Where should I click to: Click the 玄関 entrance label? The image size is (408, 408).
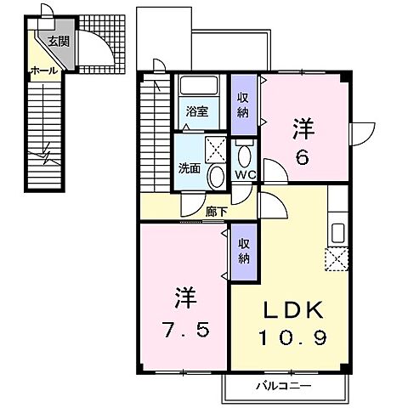[59, 42]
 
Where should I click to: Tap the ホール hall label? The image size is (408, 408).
[43, 71]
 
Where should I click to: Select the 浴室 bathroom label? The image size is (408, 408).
[197, 111]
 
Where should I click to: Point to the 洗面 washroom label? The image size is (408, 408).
[190, 168]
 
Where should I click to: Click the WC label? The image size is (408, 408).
[246, 175]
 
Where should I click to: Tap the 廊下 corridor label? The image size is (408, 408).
[216, 212]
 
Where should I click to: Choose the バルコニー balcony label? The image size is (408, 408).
[284, 386]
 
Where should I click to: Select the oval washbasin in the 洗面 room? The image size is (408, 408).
[217, 177]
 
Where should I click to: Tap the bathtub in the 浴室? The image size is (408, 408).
[199, 85]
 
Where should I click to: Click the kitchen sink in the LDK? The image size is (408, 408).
[337, 233]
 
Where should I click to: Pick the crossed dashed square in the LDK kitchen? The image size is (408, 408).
[337, 259]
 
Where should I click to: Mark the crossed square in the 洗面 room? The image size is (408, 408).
[216, 150]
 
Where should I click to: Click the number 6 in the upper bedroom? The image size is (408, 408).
[303, 157]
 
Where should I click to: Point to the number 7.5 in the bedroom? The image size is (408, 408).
[186, 329]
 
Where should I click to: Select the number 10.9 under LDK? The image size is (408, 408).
[293, 337]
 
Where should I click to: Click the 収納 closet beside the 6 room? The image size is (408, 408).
[244, 105]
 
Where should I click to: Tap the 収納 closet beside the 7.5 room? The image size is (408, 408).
[244, 252]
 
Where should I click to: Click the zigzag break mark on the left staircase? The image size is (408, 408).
[45, 156]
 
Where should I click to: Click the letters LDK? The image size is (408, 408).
[293, 310]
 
